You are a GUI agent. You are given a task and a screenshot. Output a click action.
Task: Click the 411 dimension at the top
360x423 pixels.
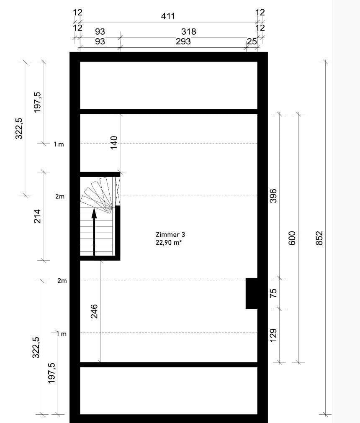[168, 16]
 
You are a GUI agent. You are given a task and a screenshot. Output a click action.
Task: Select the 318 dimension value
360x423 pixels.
[189, 31]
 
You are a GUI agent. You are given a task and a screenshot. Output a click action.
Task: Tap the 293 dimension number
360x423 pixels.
[183, 41]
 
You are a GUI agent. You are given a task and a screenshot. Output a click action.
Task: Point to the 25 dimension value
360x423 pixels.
[252, 41]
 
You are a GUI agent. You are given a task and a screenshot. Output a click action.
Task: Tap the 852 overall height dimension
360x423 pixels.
[319, 238]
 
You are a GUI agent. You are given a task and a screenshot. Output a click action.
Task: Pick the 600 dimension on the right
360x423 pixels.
[292, 238]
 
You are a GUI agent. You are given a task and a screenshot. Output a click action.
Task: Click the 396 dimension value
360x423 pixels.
[273, 196]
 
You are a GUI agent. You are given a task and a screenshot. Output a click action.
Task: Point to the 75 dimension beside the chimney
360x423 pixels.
[273, 293]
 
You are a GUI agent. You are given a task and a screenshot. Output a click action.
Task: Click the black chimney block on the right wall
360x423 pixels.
[251, 293]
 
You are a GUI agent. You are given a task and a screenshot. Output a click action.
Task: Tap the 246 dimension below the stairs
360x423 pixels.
[94, 311]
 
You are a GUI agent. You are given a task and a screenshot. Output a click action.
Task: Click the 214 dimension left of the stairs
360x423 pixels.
[37, 216]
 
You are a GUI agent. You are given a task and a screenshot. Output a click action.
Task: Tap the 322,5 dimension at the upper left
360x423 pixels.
[19, 128]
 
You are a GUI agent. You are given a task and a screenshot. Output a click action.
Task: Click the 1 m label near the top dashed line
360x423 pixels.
[59, 144]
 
